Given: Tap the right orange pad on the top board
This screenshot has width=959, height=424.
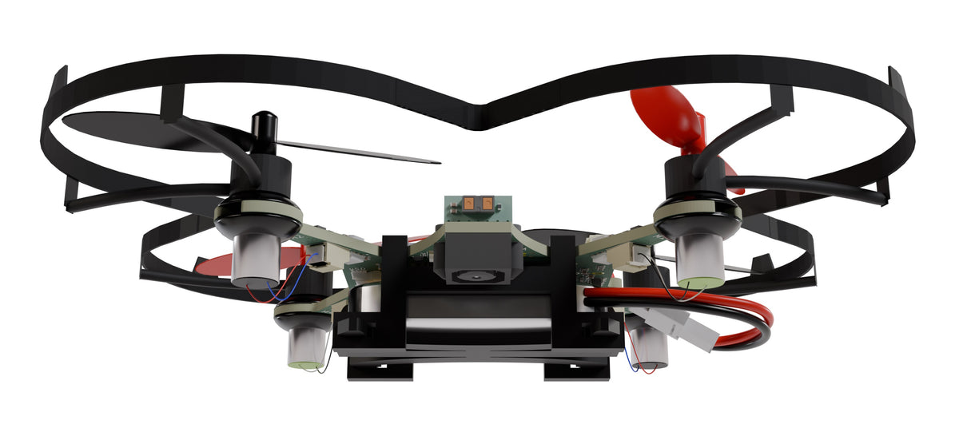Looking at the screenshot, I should pyautogui.click(x=486, y=204).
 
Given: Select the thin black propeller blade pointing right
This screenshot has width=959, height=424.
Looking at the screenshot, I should pyautogui.click(x=360, y=151).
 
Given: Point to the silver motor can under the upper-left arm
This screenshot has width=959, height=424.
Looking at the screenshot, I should pyautogui.click(x=256, y=256).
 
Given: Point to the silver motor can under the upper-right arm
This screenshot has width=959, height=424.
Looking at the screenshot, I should pyautogui.click(x=701, y=256).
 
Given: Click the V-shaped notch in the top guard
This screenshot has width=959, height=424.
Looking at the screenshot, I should pyautogui.click(x=479, y=120).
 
